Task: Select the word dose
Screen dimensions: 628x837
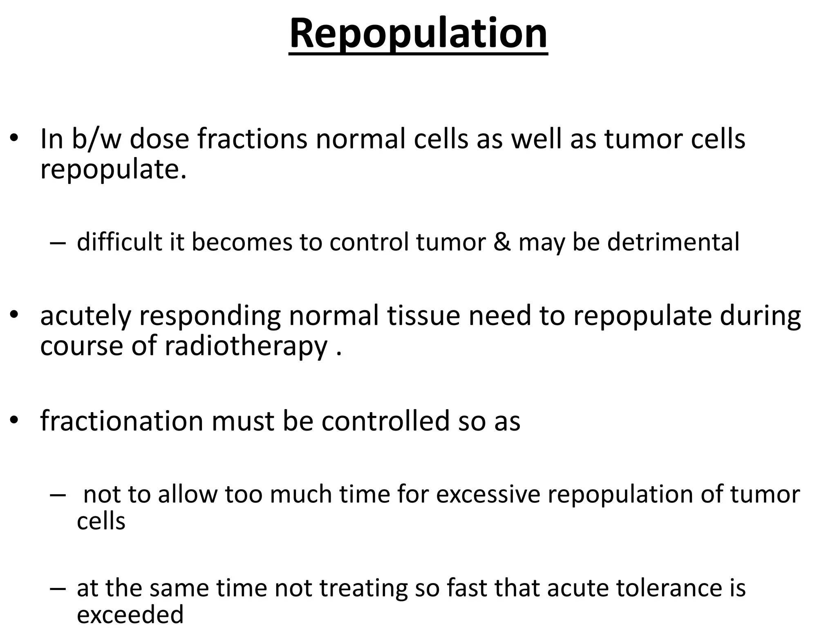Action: click(x=159, y=139)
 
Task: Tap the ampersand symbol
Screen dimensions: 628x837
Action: click(x=501, y=242)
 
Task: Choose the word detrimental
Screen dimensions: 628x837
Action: click(x=673, y=242)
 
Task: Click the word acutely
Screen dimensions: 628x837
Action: click(x=85, y=316)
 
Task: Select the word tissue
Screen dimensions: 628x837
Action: click(x=423, y=316)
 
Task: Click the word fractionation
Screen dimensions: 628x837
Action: click(x=121, y=421)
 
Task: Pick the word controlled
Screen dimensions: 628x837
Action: click(x=385, y=421)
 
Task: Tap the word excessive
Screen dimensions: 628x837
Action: click(x=488, y=495)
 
